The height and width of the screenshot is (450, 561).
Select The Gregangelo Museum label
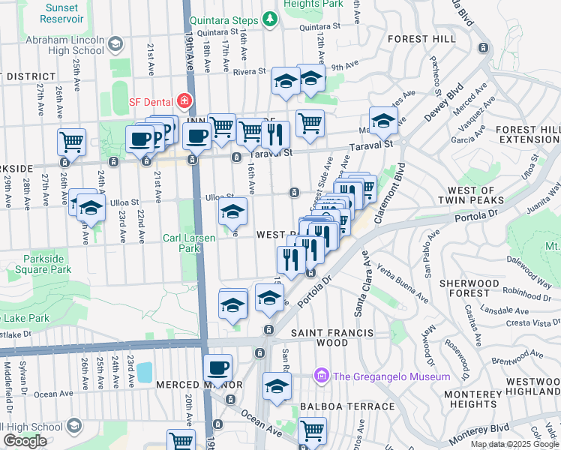click(391, 376)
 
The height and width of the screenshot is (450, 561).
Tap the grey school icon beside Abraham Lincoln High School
click(116, 45)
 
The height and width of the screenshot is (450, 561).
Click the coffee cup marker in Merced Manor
click(218, 367)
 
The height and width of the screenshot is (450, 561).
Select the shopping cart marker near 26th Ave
click(71, 140)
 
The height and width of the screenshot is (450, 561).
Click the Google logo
click(25, 441)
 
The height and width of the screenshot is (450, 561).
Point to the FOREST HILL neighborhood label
click(420, 38)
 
